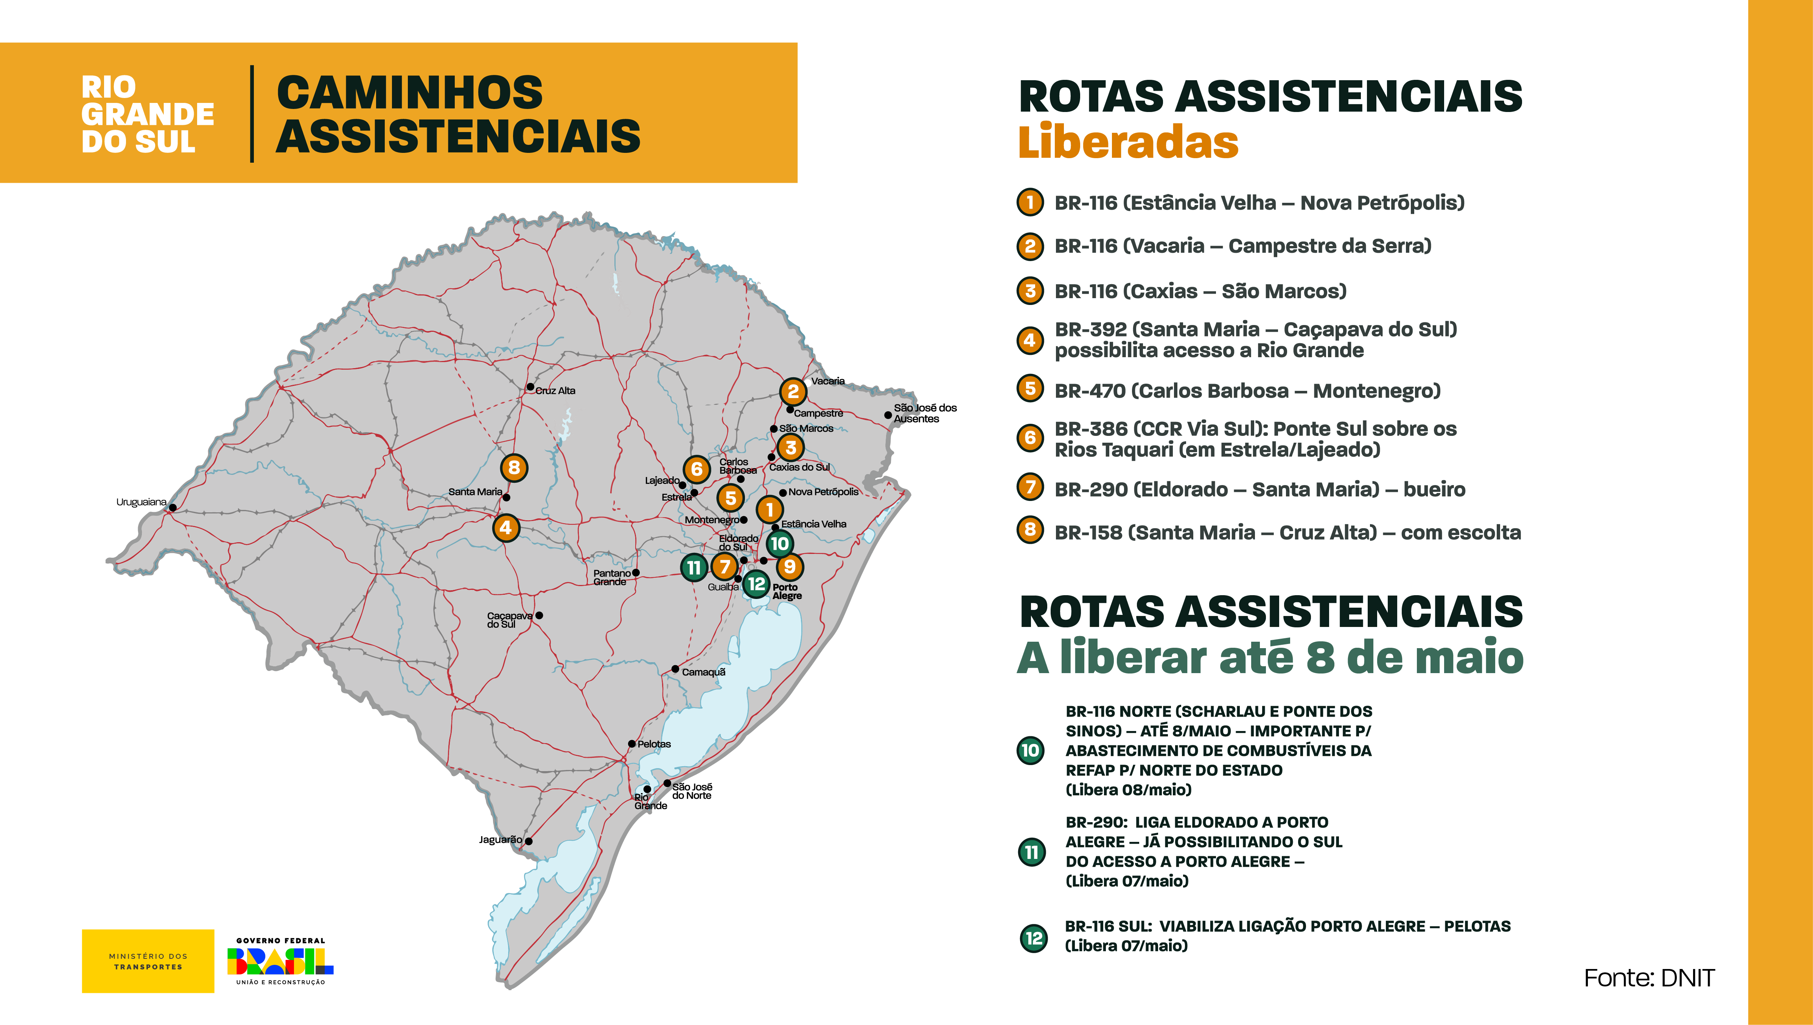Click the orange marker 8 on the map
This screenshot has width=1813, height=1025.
coord(514,467)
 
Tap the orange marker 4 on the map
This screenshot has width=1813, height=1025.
coord(505,527)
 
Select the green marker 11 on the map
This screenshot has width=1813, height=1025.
coord(694,568)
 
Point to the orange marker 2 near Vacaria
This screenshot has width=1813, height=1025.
coord(793,391)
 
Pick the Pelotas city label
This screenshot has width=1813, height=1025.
coord(654,744)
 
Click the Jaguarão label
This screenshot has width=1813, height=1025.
coord(501,840)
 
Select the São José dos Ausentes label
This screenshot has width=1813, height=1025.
coord(925,413)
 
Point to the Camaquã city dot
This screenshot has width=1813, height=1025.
coord(675,669)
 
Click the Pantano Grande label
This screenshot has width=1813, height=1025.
coord(611,577)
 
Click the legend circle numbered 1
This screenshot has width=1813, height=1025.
coord(1030,203)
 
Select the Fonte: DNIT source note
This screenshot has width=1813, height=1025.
coord(1648,978)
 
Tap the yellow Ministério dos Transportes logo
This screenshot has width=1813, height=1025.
coord(148,961)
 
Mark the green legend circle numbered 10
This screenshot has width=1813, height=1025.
coord(1030,750)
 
